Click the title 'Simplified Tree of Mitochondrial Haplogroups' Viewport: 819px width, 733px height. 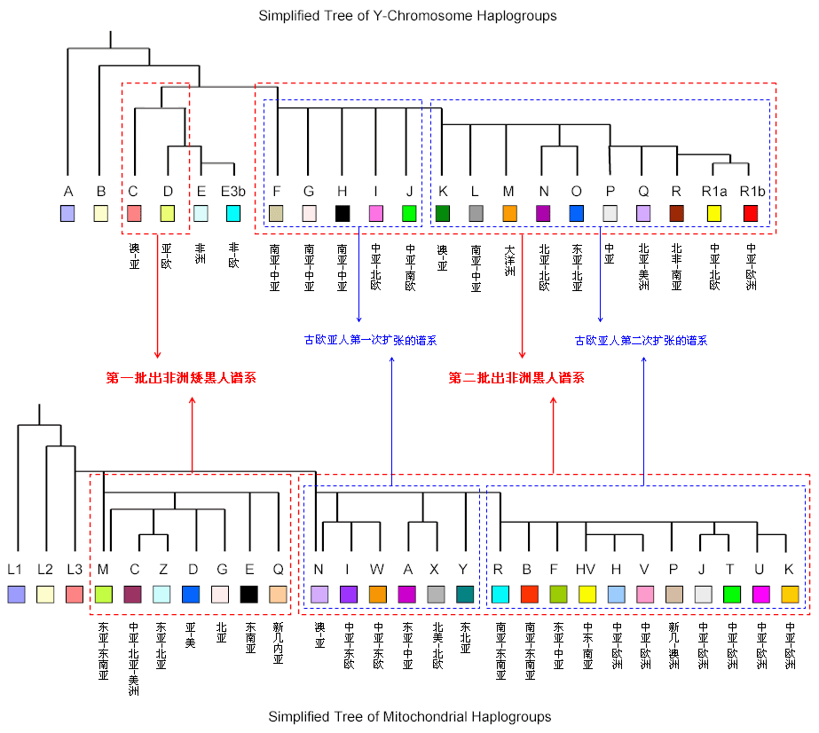click(x=409, y=716)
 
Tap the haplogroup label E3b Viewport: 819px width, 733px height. click(x=233, y=191)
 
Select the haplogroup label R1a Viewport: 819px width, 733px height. click(x=714, y=191)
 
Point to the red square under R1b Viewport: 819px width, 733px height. click(x=751, y=213)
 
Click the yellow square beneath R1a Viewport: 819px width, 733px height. click(x=714, y=213)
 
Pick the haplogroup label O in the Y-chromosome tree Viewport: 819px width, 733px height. click(x=577, y=191)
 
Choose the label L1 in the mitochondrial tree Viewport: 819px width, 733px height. click(x=15, y=570)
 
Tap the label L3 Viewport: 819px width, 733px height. click(x=75, y=570)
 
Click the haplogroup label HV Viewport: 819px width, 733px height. click(x=587, y=570)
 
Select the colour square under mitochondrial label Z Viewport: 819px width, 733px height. click(x=161, y=594)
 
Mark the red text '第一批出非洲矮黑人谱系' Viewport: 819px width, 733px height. click(x=181, y=378)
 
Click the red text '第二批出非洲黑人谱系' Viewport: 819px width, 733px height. click(x=516, y=378)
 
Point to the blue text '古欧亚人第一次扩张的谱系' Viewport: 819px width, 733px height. click(x=370, y=340)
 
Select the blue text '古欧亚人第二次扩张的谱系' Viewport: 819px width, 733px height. click(x=641, y=340)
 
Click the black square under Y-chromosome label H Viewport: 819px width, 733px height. click(x=343, y=213)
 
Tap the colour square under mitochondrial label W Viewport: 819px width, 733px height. click(x=378, y=594)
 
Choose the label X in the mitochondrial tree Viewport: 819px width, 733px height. click(x=435, y=570)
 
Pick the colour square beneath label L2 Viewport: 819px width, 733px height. click(x=45, y=594)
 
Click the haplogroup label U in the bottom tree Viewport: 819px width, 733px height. click(x=760, y=570)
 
